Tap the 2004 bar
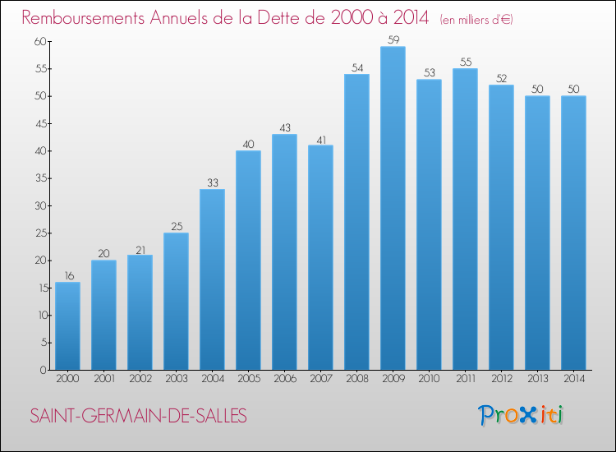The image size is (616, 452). point(212,279)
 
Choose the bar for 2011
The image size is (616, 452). point(465,219)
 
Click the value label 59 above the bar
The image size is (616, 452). point(393,39)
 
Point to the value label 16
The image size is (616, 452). point(67,275)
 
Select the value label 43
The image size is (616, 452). point(284,127)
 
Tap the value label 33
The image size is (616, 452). point(212,182)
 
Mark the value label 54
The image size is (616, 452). point(356,67)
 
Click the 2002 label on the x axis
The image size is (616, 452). point(140,379)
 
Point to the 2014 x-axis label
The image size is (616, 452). point(573,379)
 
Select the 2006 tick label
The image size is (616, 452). point(284,379)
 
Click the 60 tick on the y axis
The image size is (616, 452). point(39,41)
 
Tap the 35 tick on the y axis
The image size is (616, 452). point(39,178)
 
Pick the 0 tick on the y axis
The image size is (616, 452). point(42,370)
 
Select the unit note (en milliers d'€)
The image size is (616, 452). point(476,20)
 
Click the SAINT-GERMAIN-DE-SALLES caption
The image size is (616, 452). point(138,416)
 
